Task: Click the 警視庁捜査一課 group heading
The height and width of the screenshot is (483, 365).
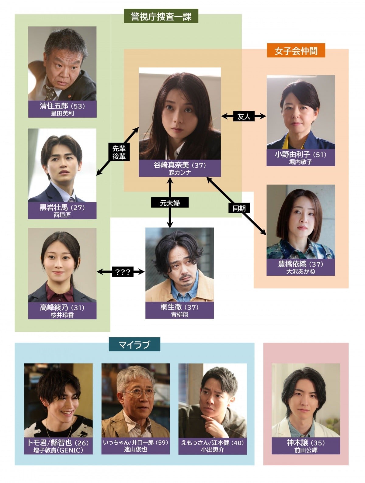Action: pyautogui.click(x=161, y=16)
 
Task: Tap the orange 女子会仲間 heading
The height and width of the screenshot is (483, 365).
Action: pyautogui.click(x=296, y=51)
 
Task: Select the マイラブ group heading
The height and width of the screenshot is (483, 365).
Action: pyautogui.click(x=134, y=345)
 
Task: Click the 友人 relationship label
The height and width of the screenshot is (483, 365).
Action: pyautogui.click(x=244, y=116)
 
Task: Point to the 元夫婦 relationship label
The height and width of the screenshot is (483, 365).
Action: pyautogui.click(x=170, y=203)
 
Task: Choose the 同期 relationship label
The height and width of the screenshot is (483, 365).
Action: pyautogui.click(x=239, y=208)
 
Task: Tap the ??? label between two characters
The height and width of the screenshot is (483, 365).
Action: pyautogui.click(x=123, y=272)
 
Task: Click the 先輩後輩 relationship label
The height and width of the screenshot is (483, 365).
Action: pyautogui.click(x=119, y=152)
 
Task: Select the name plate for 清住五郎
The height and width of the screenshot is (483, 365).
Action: pyautogui.click(x=62, y=109)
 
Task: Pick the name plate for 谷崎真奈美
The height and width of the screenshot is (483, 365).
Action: pyautogui.click(x=180, y=168)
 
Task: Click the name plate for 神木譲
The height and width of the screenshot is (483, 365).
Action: pyautogui.click(x=305, y=446)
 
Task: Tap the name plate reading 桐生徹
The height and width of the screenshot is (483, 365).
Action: pyautogui.click(x=179, y=310)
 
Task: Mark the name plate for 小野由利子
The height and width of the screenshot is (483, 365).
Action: pyautogui.click(x=301, y=157)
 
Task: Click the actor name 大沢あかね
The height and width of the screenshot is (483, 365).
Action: pyautogui.click(x=301, y=271)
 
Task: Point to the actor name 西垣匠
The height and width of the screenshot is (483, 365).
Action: pyautogui.click(x=62, y=215)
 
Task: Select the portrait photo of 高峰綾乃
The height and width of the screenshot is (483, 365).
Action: pyautogui.click(x=62, y=265)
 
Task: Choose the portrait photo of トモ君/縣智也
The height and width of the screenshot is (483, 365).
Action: pyautogui.click(x=58, y=400)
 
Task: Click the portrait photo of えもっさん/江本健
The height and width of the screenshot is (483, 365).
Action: pyautogui.click(x=212, y=400)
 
